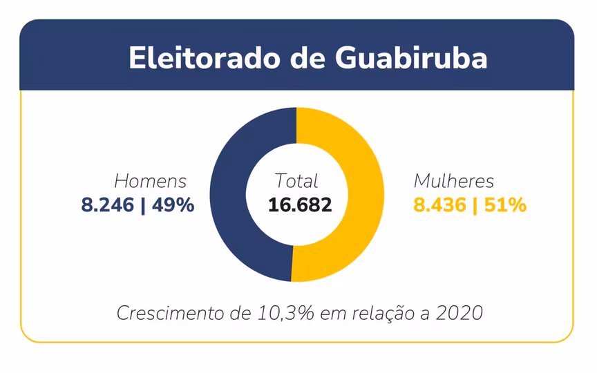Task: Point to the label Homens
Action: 151,182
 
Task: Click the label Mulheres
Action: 454,182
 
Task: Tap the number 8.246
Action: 108,205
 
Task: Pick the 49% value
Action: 173,205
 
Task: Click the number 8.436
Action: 440,205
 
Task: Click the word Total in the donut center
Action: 296,181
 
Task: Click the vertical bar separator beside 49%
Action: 143,205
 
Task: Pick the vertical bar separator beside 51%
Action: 475,205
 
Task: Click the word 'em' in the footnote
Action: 335,313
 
